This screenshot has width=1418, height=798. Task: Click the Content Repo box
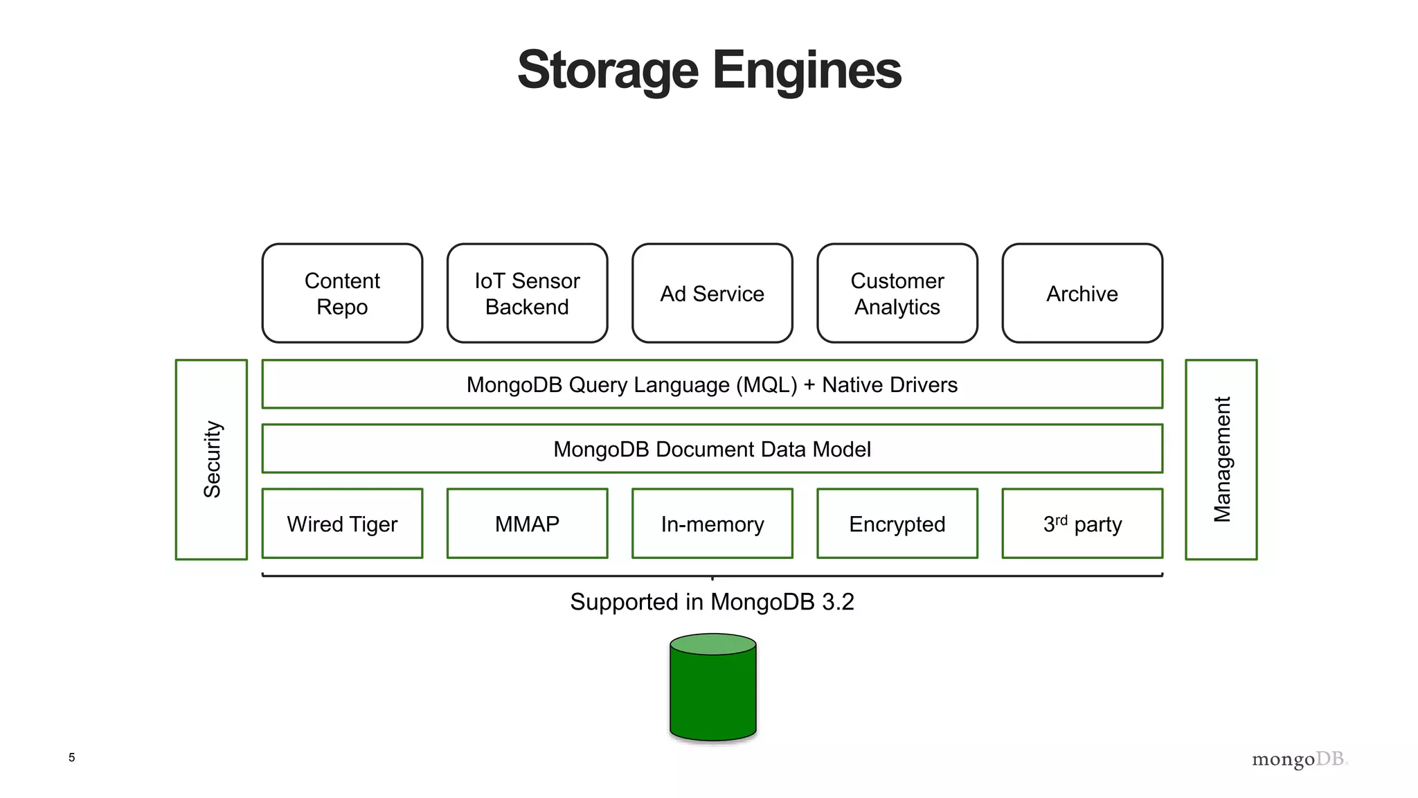click(x=342, y=293)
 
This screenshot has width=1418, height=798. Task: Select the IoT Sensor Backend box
click(x=527, y=293)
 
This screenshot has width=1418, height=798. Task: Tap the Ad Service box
click(x=712, y=293)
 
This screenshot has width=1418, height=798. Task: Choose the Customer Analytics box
click(x=897, y=293)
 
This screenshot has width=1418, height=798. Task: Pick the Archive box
click(x=1082, y=293)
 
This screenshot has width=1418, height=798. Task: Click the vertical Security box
click(x=211, y=459)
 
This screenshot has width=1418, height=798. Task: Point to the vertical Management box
click(x=1221, y=459)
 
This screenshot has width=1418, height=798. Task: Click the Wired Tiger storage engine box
click(x=342, y=524)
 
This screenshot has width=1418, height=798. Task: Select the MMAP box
click(x=527, y=524)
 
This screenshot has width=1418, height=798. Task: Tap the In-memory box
click(x=712, y=524)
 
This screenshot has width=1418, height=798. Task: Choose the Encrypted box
click(x=897, y=524)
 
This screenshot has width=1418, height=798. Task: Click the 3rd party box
click(x=1082, y=524)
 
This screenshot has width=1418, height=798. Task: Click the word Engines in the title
click(x=807, y=71)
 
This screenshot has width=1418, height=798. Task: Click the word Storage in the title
click(x=608, y=71)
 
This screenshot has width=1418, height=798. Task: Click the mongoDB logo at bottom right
click(x=1299, y=759)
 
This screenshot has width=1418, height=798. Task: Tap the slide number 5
click(x=71, y=757)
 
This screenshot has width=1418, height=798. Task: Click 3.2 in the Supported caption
click(x=838, y=602)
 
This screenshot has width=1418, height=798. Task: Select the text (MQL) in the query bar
click(x=766, y=384)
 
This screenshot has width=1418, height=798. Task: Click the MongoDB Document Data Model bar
click(x=712, y=449)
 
